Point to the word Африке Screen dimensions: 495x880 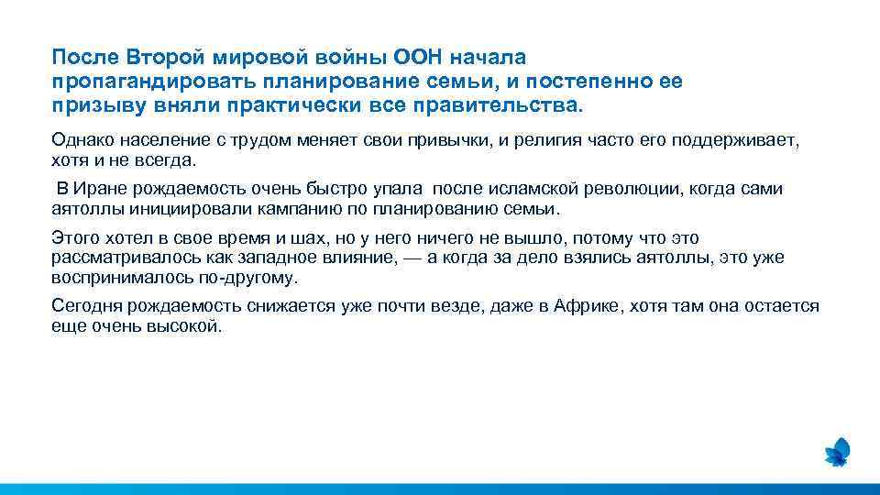coord(586,306)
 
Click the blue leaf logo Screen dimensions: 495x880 coord(838,451)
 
